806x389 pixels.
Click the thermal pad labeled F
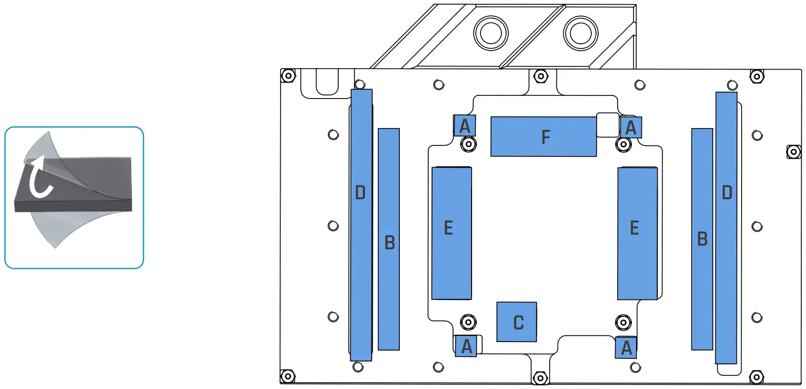pos(543,137)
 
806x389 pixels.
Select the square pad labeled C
pos(517,322)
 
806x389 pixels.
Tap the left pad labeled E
pos(451,233)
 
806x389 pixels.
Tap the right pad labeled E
pos(637,233)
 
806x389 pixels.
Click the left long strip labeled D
pos(361,225)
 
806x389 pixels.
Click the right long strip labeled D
pos(726,228)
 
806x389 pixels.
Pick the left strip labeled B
pos(389,239)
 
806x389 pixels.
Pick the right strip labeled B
pos(702,239)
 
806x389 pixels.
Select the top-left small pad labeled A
pos(465,125)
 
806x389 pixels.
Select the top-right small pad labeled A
pos(631,127)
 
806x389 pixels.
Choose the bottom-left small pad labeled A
pos(466,346)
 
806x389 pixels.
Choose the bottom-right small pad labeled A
pos(626,347)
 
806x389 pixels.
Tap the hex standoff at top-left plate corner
pos(287,75)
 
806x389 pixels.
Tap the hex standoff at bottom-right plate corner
pos(756,377)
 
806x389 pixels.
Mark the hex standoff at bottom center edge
pos(540,377)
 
